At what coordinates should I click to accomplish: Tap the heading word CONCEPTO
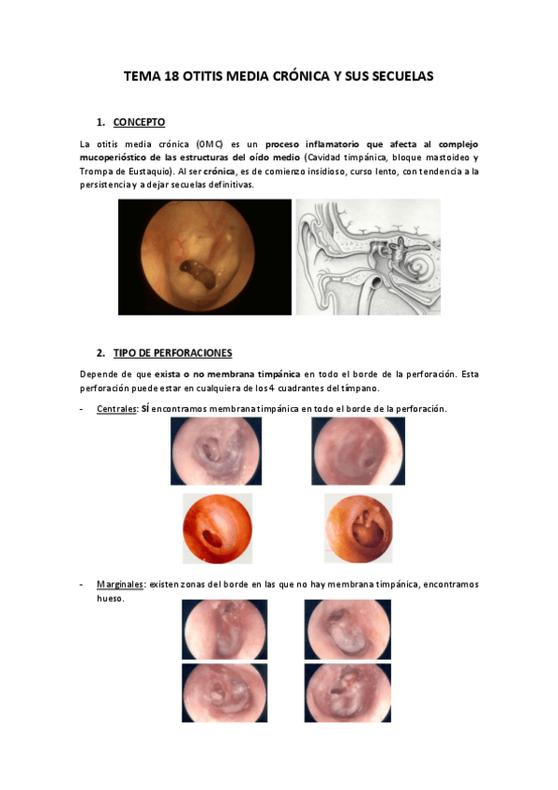click(x=139, y=122)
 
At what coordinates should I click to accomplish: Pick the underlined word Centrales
click(x=116, y=409)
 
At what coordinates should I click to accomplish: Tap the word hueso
click(x=110, y=598)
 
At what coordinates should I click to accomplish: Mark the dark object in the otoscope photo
click(x=197, y=270)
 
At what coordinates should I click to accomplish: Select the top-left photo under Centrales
click(x=215, y=451)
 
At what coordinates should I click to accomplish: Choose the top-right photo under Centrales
click(x=358, y=451)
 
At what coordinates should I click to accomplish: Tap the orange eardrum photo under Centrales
click(x=358, y=527)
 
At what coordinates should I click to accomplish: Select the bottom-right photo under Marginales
click(x=347, y=693)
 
